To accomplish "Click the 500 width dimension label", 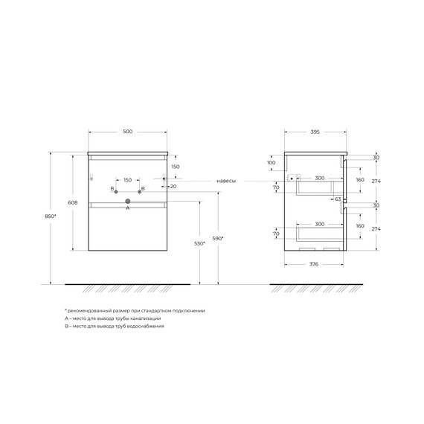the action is pyautogui.click(x=128, y=132).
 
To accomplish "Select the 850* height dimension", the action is pyautogui.click(x=51, y=216).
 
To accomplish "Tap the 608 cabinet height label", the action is pyautogui.click(x=73, y=202).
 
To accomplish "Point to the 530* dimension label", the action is pyautogui.click(x=199, y=244).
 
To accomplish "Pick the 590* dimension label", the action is pyautogui.click(x=218, y=239).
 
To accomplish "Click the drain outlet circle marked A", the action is pyautogui.click(x=128, y=201).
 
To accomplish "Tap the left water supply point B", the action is pyautogui.click(x=116, y=192).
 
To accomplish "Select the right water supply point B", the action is pyautogui.click(x=140, y=192).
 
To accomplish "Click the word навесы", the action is pyautogui.click(x=226, y=181).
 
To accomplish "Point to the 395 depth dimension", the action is pyautogui.click(x=315, y=132).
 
